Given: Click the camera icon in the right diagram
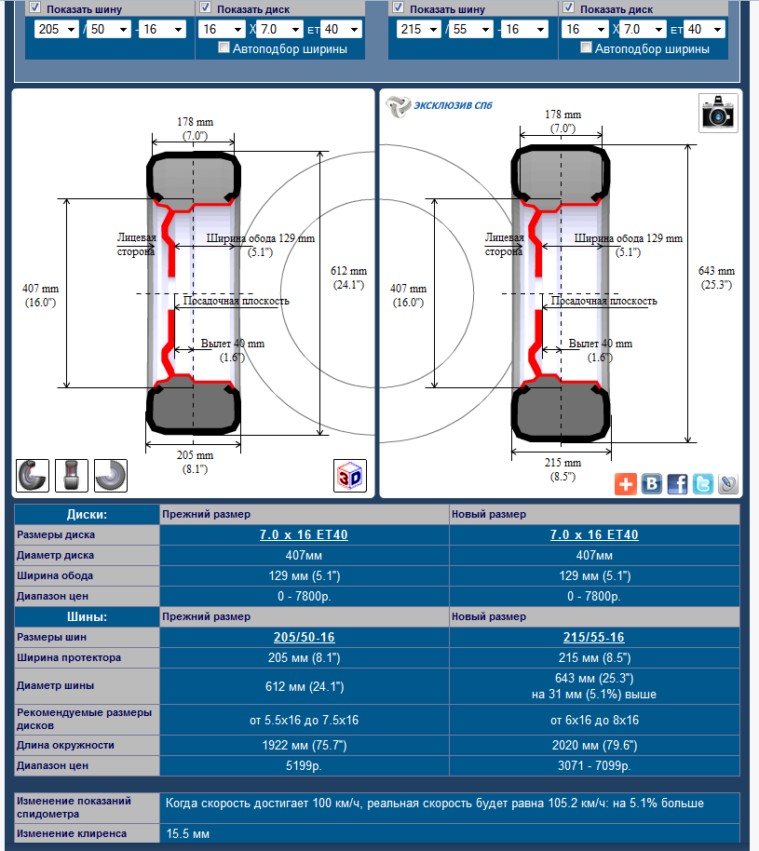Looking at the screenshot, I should [718, 113].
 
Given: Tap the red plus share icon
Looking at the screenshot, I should [626, 483].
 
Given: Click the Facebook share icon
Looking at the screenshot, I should [677, 483].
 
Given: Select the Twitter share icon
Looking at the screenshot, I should [702, 483].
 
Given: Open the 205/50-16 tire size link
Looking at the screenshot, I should [304, 638].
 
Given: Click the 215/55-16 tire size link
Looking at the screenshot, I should [593, 638].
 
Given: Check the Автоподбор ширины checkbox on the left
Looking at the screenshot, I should [224, 47].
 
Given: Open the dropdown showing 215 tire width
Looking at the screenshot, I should [419, 29].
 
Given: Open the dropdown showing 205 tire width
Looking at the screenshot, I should [56, 29].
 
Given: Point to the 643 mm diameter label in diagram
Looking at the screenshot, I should [716, 277].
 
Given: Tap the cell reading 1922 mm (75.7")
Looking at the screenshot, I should [304, 745].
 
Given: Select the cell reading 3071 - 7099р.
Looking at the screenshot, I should [593, 765].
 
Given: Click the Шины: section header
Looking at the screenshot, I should [87, 616].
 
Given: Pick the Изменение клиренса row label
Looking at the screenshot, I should [73, 833].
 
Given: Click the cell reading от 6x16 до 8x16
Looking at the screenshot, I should [593, 720].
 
